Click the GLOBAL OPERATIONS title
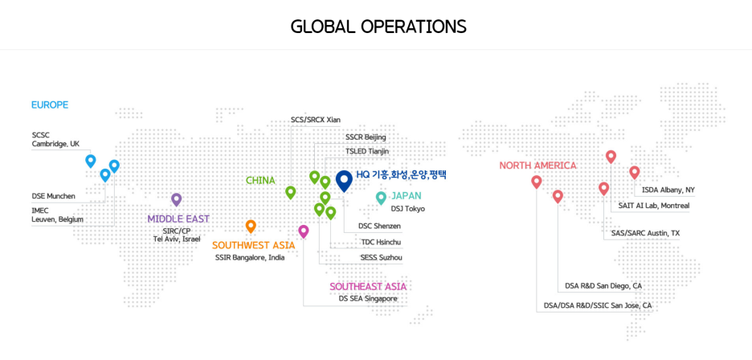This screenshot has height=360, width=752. point(378,26)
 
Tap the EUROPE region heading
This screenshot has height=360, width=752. point(50,104)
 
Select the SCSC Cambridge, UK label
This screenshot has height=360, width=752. point(55,140)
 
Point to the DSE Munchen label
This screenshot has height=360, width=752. point(54,195)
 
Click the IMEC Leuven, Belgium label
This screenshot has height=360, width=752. point(57,215)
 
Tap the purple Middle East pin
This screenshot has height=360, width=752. point(177,199)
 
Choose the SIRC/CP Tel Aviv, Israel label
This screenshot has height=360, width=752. point(177,235)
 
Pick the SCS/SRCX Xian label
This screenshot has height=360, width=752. point(316,120)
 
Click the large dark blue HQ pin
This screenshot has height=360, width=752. point(344,179)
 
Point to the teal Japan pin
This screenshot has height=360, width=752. point(381,198)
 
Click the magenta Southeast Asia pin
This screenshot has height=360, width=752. point(303,231)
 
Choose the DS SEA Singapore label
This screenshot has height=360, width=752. point(368,299)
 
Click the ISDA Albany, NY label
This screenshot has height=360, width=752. point(668,190)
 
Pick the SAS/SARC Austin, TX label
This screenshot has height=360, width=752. point(645,233)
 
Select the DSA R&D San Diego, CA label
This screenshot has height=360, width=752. point(603,285)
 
